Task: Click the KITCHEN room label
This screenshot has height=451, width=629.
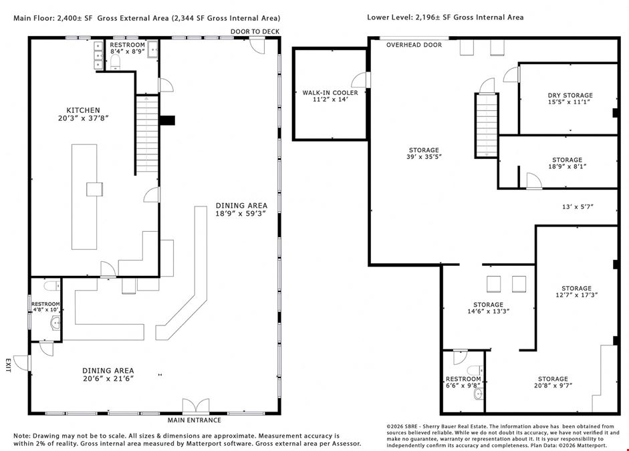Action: (x=83, y=110)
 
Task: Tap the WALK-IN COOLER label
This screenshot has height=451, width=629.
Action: (x=330, y=93)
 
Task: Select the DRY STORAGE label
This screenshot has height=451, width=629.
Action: (x=570, y=96)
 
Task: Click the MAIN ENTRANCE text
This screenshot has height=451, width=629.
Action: (x=194, y=420)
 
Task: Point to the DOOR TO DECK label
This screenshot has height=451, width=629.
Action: (x=255, y=31)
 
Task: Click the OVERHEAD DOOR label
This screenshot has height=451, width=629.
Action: (x=414, y=45)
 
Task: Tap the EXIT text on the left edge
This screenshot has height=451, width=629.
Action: (x=8, y=365)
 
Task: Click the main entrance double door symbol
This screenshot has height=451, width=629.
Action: (x=196, y=406)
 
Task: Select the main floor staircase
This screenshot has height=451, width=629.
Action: (x=147, y=135)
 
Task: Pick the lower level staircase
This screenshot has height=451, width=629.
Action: (x=487, y=126)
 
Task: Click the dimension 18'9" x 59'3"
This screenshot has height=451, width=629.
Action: (x=241, y=214)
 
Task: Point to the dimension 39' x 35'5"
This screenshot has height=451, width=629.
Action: (x=424, y=157)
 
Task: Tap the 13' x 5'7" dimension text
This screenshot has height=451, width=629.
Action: (x=578, y=207)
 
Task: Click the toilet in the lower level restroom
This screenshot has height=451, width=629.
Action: (x=476, y=370)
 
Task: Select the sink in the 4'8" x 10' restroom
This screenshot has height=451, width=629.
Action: (x=55, y=322)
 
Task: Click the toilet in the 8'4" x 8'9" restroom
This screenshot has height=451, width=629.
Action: (x=115, y=61)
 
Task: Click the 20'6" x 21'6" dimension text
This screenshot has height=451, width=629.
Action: (x=108, y=378)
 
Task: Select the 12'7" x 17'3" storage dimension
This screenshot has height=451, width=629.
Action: (x=576, y=295)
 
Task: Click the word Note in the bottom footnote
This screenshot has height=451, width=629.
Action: (x=22, y=436)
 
